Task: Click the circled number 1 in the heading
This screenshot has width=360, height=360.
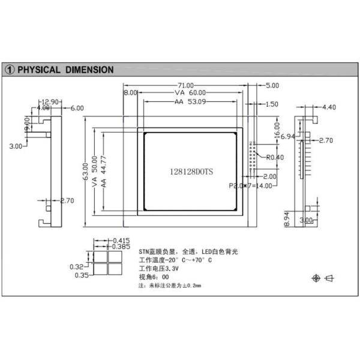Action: [10, 70]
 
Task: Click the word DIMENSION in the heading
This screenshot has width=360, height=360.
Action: [88, 70]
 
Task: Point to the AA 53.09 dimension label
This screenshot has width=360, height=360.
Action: [190, 102]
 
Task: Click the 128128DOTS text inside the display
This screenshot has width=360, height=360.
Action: [191, 171]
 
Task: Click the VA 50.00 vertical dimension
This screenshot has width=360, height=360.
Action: [94, 172]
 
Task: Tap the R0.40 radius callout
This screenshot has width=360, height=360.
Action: [274, 158]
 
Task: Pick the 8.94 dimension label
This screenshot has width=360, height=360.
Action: [287, 220]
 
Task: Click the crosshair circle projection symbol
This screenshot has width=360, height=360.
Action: [316, 278]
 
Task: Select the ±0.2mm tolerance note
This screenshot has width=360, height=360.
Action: [190, 286]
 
